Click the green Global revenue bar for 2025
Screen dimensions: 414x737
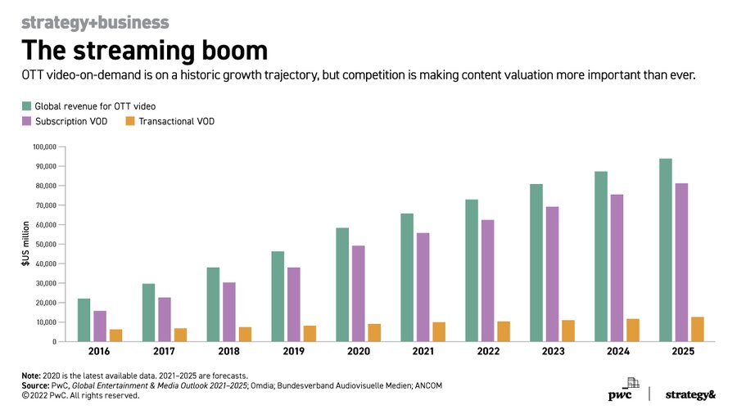(x=666, y=250)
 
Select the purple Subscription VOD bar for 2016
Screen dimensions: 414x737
(x=100, y=326)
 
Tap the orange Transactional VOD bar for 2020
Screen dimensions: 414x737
(x=374, y=332)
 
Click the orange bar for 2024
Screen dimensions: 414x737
(x=633, y=330)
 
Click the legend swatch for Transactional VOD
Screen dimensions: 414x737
(x=129, y=122)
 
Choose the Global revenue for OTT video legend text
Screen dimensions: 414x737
(x=95, y=106)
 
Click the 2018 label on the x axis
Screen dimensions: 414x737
(x=229, y=352)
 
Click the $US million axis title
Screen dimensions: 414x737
(x=25, y=244)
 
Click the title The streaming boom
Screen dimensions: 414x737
(x=143, y=51)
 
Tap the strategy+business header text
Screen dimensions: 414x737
(x=95, y=22)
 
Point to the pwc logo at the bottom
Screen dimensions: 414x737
(x=624, y=394)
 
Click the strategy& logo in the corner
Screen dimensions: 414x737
(x=690, y=394)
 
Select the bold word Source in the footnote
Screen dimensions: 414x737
(x=36, y=385)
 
